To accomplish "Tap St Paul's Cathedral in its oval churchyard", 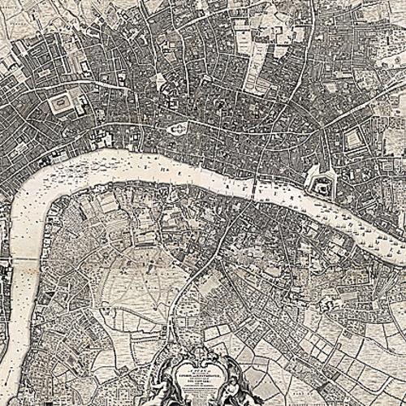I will coord(177,128).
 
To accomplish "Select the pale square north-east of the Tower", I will coord(352,140).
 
